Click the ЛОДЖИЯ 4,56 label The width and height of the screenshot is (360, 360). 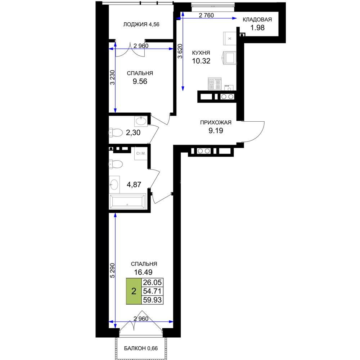141,24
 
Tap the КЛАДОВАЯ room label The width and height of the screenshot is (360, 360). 257,19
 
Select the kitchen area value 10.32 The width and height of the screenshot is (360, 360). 201,61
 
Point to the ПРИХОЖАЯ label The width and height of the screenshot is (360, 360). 216,122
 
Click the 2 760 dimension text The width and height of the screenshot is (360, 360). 206,15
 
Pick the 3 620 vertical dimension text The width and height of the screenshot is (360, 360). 180,51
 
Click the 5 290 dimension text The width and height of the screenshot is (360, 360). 112,270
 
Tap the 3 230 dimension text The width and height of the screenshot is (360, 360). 112,77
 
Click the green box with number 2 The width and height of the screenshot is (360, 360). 134,291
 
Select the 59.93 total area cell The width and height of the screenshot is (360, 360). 152,300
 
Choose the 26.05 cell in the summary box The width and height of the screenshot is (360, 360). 152,282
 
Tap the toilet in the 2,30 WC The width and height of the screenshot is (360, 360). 116,133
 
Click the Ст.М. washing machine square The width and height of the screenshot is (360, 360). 141,153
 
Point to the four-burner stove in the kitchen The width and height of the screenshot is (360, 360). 215,84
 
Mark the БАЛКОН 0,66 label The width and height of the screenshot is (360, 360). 141,348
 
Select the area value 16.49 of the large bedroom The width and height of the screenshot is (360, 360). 143,272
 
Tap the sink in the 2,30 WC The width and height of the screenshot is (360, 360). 141,121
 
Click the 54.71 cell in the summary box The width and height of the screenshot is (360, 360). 152,291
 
